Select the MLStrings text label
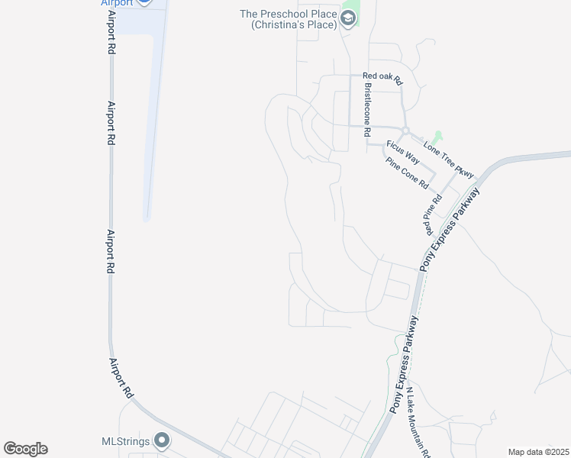(126, 441)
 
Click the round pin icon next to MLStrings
(162, 440)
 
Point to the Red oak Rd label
(382, 76)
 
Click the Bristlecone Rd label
(367, 111)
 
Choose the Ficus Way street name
(402, 152)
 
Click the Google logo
(25, 449)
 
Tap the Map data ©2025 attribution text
(538, 452)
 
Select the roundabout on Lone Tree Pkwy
(406, 131)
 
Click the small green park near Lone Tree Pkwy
(437, 138)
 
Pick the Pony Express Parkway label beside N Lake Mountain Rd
(404, 364)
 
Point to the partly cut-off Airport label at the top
(117, 3)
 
